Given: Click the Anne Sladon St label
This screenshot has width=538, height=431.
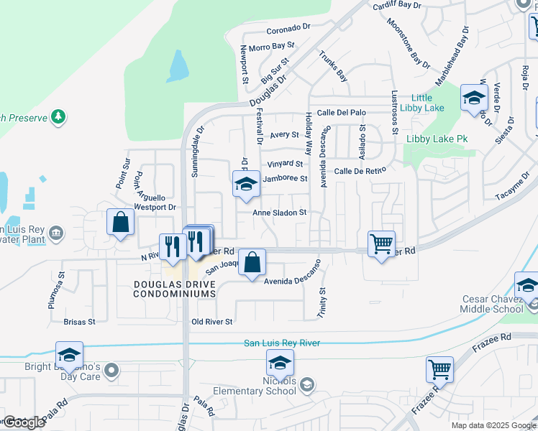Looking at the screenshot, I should tap(280, 213).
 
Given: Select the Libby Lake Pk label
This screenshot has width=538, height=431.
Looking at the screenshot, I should tap(437, 138).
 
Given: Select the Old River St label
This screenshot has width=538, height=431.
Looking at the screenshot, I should tap(212, 322).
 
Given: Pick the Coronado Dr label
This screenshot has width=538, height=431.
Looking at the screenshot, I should tap(288, 29).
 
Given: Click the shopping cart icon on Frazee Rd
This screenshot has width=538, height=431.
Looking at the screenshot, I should tap(439, 369).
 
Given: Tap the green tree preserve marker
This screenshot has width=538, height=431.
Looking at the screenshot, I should tap(58, 116).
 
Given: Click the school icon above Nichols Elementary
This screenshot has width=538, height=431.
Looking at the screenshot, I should tap(280, 362).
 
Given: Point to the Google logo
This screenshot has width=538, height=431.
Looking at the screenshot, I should tap(24, 422).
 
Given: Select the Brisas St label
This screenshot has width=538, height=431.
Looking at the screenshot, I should tap(80, 322).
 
